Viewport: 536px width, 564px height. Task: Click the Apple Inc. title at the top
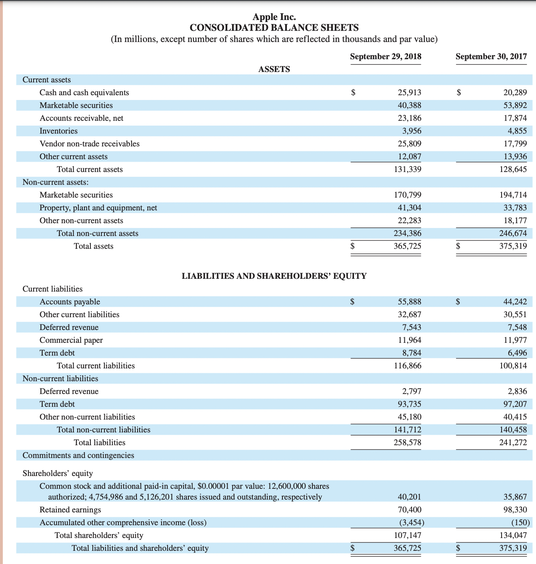pyautogui.click(x=274, y=17)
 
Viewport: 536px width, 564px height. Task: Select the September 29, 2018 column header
pyautogui.click(x=386, y=56)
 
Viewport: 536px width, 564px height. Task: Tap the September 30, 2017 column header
pyautogui.click(x=491, y=56)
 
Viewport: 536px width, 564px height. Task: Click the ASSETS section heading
pyautogui.click(x=274, y=69)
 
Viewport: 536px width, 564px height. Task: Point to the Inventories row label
pyautogui.click(x=58, y=131)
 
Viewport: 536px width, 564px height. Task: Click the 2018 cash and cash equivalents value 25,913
pyautogui.click(x=409, y=92)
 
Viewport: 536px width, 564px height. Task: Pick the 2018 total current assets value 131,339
pyautogui.click(x=407, y=169)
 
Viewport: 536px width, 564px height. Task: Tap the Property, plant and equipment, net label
pyautogui.click(x=98, y=208)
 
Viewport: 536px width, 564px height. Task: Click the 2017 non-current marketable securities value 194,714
pyautogui.click(x=513, y=195)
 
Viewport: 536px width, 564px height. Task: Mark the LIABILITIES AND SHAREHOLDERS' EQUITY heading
pyautogui.click(x=274, y=276)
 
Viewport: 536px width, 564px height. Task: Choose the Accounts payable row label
pyautogui.click(x=70, y=302)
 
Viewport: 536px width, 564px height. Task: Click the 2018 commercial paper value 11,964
pyautogui.click(x=409, y=340)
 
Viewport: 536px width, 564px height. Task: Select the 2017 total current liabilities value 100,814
pyautogui.click(x=513, y=366)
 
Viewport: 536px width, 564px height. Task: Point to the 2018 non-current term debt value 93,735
pyautogui.click(x=409, y=404)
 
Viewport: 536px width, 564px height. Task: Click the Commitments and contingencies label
pyautogui.click(x=78, y=455)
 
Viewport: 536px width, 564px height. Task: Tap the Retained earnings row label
pyautogui.click(x=70, y=510)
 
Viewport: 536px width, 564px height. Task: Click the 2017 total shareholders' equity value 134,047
pyautogui.click(x=513, y=535)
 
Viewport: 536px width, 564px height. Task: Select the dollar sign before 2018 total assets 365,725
pyautogui.click(x=352, y=246)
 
